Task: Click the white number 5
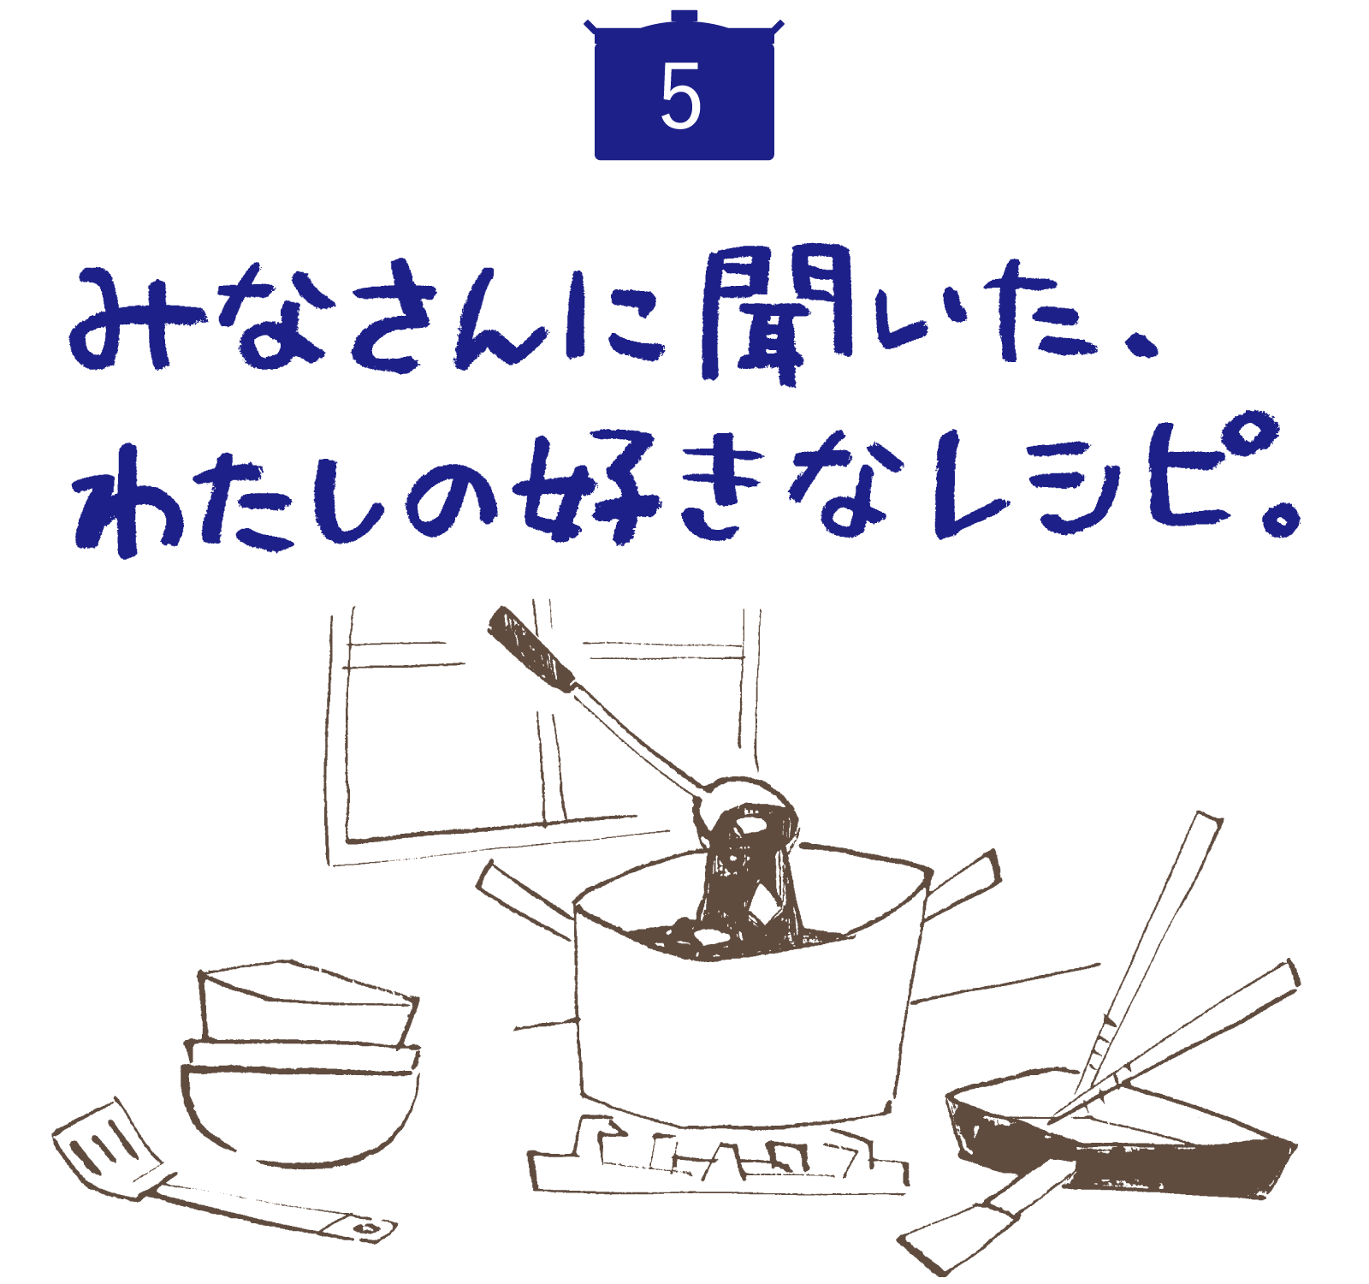[681, 97]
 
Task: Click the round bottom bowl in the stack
[299, 1113]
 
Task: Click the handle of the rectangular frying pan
[984, 1211]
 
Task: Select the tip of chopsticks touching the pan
[1052, 1118]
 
